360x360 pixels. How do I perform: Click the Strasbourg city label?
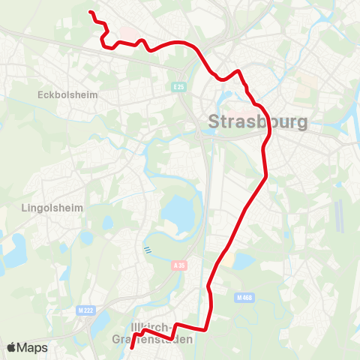(256, 121)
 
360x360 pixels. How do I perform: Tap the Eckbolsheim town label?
(62, 95)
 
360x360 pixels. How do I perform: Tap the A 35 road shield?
(178, 265)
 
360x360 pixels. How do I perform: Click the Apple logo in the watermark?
(11, 347)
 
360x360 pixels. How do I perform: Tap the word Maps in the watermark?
(32, 347)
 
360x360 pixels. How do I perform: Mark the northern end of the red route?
(91, 12)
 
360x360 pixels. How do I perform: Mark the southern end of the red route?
(131, 348)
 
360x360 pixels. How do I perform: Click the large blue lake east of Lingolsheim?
(177, 214)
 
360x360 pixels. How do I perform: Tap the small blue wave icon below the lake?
(147, 250)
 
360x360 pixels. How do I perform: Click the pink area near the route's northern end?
(127, 34)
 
